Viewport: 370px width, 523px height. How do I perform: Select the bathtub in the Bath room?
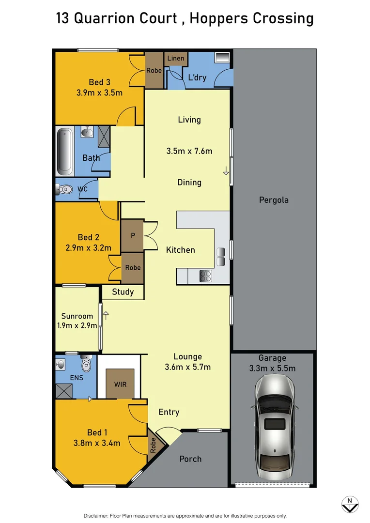(64, 151)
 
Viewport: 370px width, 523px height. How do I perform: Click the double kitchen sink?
(221, 256)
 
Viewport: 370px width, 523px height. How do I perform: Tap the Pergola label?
(274, 200)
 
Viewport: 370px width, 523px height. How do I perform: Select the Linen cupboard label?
(175, 59)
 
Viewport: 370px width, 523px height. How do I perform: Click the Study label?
(123, 292)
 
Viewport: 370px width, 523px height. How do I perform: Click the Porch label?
(190, 459)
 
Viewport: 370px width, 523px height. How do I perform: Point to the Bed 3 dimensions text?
(99, 92)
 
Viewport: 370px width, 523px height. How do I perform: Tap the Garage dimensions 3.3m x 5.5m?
(272, 368)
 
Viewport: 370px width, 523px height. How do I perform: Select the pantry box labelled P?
(132, 235)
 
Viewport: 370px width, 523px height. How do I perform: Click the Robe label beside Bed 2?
(133, 267)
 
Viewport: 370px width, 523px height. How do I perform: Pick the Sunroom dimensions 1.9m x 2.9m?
(77, 326)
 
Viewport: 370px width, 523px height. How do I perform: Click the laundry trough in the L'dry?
(222, 57)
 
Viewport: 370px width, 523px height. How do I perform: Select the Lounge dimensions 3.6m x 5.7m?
(188, 367)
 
